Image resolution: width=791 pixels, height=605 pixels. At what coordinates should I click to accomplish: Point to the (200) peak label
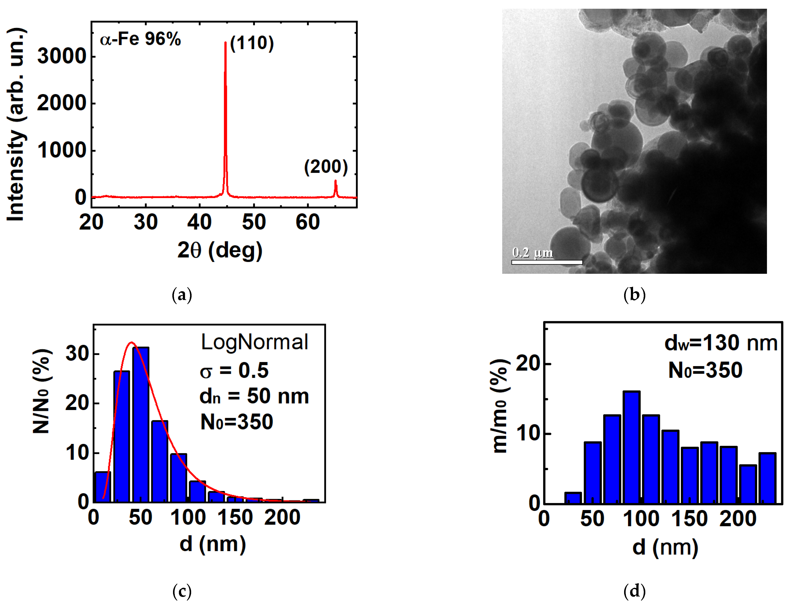[326, 167]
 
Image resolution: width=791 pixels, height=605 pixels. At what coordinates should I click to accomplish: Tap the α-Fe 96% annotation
[140, 39]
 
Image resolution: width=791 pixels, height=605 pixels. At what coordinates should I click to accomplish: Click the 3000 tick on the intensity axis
[62, 57]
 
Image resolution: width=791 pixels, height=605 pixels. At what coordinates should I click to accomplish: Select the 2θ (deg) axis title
[220, 250]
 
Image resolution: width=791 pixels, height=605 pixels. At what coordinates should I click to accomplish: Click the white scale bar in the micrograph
[547, 262]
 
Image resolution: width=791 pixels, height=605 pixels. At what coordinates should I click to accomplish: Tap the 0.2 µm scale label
[533, 252]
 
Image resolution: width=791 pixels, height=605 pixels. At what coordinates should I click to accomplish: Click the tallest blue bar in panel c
[140, 425]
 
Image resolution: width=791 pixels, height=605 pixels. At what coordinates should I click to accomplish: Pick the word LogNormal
[254, 342]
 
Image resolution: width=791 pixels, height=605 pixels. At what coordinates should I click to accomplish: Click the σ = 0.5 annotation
[234, 370]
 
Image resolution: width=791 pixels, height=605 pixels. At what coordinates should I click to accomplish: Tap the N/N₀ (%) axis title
[42, 391]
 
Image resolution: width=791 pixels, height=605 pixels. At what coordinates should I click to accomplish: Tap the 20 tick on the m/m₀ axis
[528, 364]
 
